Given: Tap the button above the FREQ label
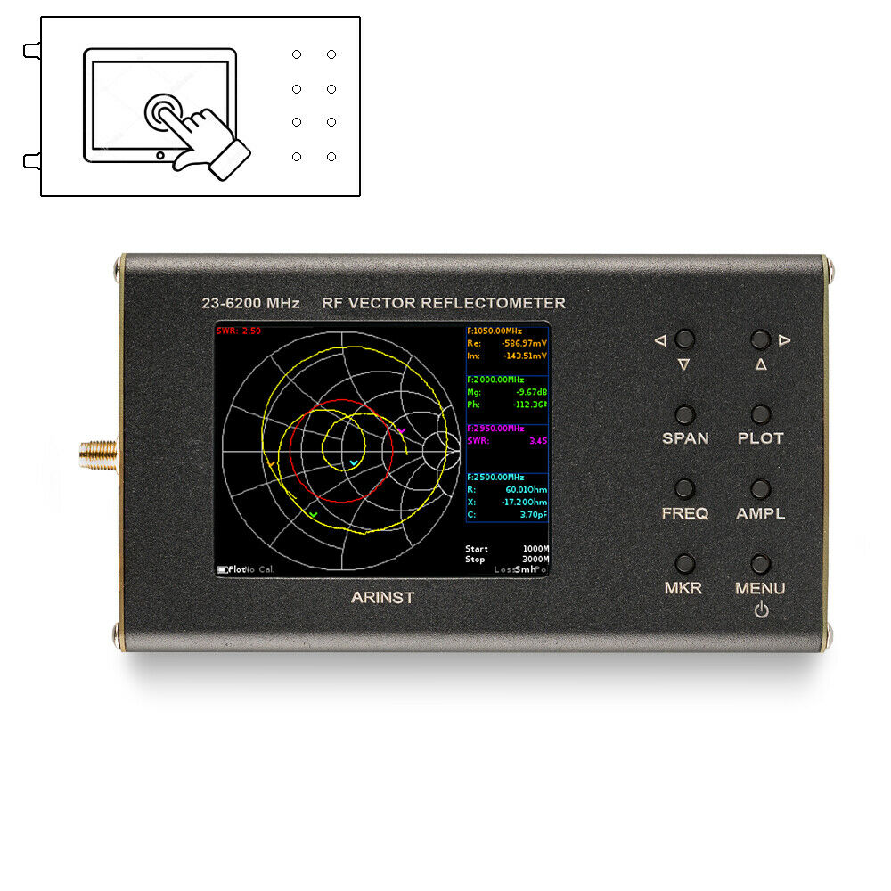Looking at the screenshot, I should pyautogui.click(x=684, y=488).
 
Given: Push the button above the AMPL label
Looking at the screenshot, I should pyautogui.click(x=760, y=488).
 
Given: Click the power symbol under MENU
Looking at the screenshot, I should pyautogui.click(x=760, y=611).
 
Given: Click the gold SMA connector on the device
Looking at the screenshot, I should pyautogui.click(x=94, y=454).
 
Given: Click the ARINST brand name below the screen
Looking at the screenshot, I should pyautogui.click(x=383, y=597).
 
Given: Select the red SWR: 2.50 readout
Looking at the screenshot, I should pyautogui.click(x=239, y=331).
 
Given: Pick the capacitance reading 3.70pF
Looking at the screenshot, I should pyautogui.click(x=532, y=514).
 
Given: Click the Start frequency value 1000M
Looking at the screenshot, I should pyautogui.click(x=535, y=549).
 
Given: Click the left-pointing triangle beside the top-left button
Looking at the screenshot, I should pyautogui.click(x=660, y=339).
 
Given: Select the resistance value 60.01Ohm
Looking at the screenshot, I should pyautogui.click(x=526, y=489).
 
